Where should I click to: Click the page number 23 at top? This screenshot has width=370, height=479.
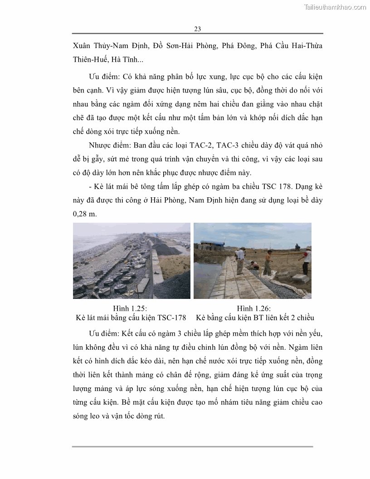[197, 29]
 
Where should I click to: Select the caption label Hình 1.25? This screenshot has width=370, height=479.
[130, 308]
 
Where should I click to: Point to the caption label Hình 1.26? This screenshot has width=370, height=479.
[253, 308]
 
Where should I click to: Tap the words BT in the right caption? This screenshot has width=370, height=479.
[258, 318]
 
